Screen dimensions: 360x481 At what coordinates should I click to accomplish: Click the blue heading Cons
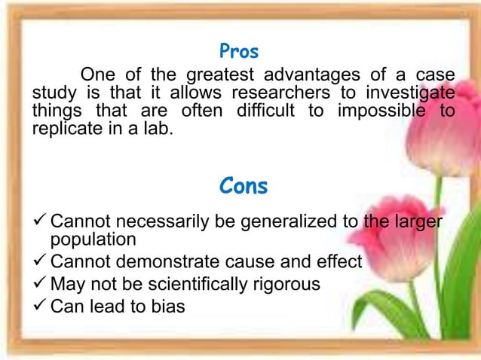pyautogui.click(x=243, y=186)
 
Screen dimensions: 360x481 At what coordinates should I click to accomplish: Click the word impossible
pyautogui.click(x=385, y=111)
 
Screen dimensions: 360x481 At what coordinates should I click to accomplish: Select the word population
pyautogui.click(x=93, y=239)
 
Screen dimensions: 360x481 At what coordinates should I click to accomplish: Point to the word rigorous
pyautogui.click(x=284, y=284)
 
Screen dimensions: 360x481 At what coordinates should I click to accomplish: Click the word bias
pyautogui.click(x=167, y=307)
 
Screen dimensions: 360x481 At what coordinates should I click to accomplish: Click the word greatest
pyautogui.click(x=213, y=75)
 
